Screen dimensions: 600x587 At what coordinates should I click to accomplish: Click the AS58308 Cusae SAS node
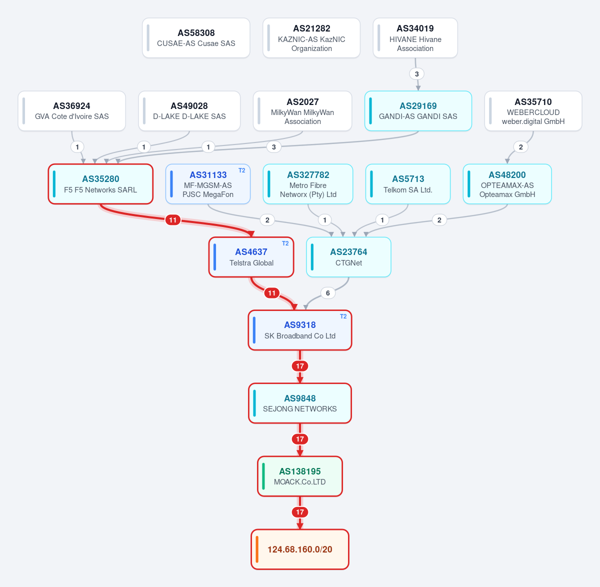(196, 38)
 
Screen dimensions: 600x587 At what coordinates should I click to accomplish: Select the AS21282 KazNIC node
(311, 38)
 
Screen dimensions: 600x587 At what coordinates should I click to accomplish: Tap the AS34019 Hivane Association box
(415, 38)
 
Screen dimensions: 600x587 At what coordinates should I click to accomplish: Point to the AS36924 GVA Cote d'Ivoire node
(72, 111)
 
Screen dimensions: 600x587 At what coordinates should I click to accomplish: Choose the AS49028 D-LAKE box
(189, 111)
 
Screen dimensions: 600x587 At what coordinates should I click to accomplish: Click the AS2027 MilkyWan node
(302, 111)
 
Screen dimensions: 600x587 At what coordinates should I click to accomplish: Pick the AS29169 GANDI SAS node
(418, 111)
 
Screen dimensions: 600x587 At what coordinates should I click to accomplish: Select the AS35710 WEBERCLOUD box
(533, 111)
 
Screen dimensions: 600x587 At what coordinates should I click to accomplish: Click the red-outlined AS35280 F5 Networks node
(100, 184)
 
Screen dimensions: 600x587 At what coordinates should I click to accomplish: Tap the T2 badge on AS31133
(241, 170)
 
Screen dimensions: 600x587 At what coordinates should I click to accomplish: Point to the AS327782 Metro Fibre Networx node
(308, 184)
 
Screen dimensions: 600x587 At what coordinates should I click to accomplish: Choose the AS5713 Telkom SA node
(408, 184)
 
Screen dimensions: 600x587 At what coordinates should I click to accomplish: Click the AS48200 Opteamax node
(507, 184)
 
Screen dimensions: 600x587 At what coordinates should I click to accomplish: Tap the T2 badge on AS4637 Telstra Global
(285, 243)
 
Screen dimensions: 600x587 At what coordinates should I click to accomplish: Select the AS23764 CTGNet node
(348, 257)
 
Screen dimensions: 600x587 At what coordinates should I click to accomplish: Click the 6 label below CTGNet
(327, 293)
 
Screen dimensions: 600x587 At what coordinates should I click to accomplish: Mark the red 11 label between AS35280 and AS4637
(172, 220)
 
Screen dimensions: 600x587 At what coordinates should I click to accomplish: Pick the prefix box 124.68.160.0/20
(300, 549)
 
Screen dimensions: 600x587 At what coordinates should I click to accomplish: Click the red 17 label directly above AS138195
(300, 439)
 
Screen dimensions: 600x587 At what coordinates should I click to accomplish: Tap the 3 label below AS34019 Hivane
(417, 74)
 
